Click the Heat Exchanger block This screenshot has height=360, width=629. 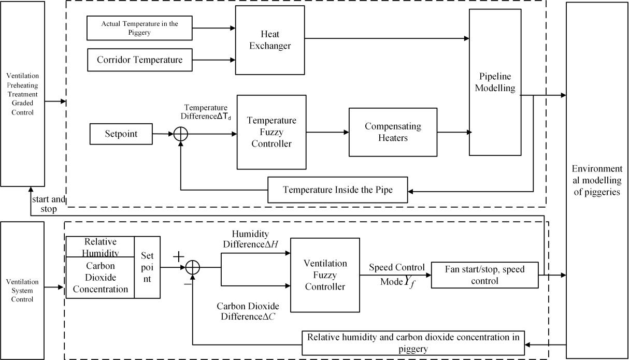pyautogui.click(x=270, y=40)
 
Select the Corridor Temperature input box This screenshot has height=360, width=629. pyautogui.click(x=139, y=60)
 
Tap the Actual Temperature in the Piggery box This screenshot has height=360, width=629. pyautogui.click(x=139, y=28)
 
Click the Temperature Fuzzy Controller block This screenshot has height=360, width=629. pyautogui.click(x=271, y=132)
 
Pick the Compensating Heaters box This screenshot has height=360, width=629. pyautogui.click(x=393, y=132)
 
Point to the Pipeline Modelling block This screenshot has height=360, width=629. pyautogui.click(x=495, y=82)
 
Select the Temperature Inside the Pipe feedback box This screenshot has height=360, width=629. pyautogui.click(x=337, y=190)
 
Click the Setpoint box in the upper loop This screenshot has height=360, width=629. pyautogui.click(x=121, y=134)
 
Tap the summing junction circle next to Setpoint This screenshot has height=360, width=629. pyautogui.click(x=180, y=134)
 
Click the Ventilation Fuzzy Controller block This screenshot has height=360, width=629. pyautogui.click(x=325, y=275)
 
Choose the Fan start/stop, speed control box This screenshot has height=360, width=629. pyautogui.click(x=484, y=275)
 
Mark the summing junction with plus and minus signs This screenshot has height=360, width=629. pyautogui.click(x=192, y=267)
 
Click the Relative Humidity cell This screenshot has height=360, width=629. pyautogui.click(x=100, y=247)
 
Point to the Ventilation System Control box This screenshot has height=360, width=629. pyautogui.click(x=22, y=290)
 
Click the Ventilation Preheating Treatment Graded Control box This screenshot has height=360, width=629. pyautogui.click(x=22, y=94)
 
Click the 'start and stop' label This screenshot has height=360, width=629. pyautogui.click(x=49, y=204)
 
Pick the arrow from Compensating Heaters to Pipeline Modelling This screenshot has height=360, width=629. pyautogui.click(x=453, y=132)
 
